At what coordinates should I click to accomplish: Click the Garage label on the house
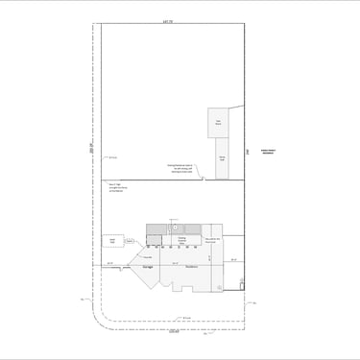click(x=150, y=267)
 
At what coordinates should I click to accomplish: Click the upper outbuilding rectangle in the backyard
click(x=218, y=123)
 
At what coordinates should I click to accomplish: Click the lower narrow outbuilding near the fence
click(x=222, y=158)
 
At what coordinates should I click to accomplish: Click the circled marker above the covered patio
click(x=172, y=219)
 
